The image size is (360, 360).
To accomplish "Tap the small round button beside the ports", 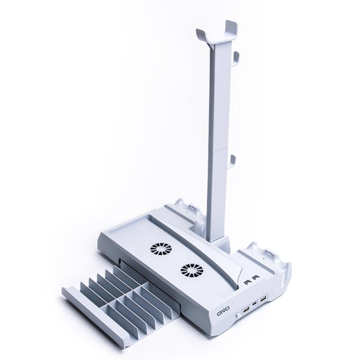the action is (237, 315).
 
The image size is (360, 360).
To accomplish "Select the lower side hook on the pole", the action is (233, 162).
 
